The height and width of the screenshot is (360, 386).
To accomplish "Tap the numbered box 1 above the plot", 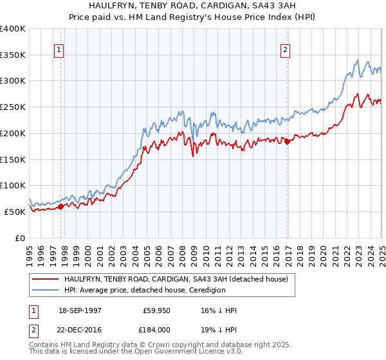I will coord(59,50).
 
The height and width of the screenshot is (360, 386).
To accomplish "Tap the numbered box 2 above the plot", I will coord(285,50).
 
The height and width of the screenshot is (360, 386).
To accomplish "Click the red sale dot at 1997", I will coord(61,206).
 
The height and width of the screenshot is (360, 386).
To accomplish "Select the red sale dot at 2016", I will coord(288,141).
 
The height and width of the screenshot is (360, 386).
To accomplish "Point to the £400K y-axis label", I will coord(13,29).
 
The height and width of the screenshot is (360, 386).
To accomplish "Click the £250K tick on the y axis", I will coord(13,107).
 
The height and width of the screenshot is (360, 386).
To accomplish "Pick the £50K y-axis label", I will coord(15,212).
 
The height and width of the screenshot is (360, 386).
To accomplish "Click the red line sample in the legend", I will coord(45,279).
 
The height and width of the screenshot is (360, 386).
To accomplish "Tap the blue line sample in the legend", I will coord(45,290).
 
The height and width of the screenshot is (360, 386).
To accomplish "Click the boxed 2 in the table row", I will coord(32,328).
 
